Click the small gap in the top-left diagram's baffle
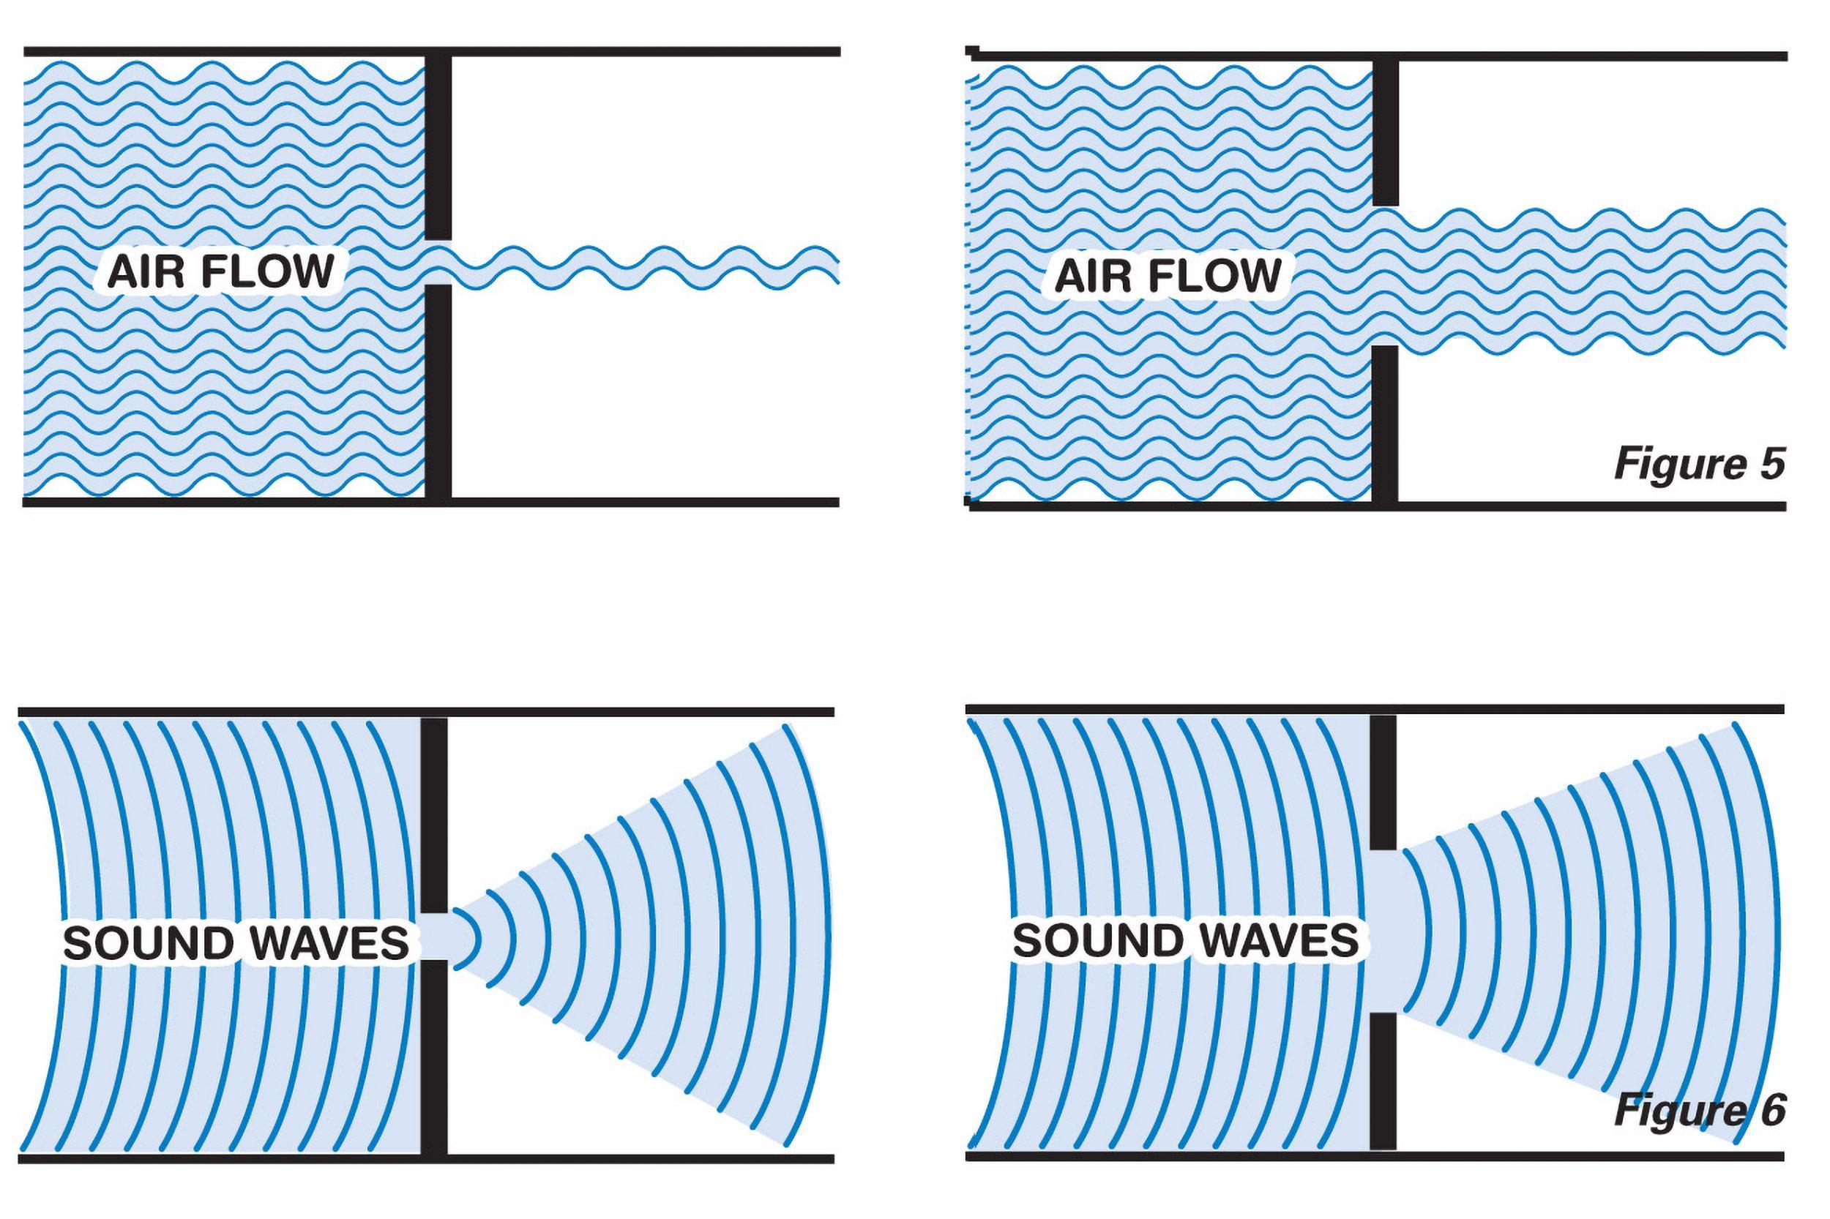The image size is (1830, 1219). pos(438,263)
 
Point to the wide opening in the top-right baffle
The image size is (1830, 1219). pos(1384,276)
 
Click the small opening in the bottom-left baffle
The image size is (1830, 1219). pos(435,936)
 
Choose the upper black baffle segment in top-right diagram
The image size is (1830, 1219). pos(1385,132)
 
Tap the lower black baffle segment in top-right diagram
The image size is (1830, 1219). pos(1384,424)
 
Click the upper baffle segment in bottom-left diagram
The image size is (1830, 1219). pos(434,812)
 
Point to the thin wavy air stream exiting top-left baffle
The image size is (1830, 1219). pos(646,266)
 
